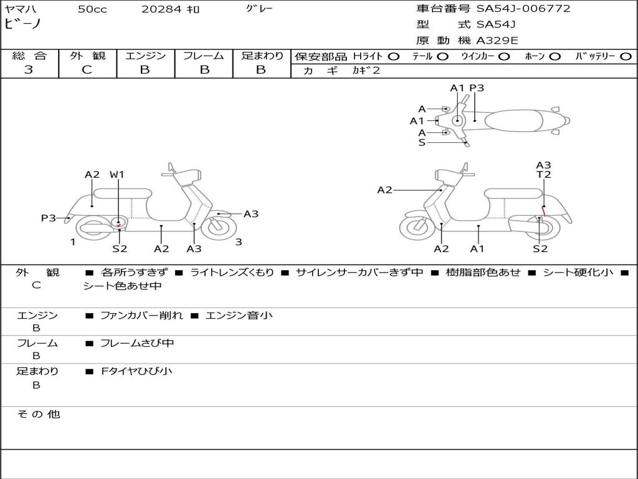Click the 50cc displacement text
(92, 9)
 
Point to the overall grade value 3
(29, 70)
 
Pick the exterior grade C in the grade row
(87, 70)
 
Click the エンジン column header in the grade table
(145, 56)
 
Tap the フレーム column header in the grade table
(204, 56)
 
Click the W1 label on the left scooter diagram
(117, 175)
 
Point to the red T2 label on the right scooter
(544, 175)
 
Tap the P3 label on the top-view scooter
(477, 88)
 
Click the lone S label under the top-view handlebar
(422, 143)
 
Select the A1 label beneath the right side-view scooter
(477, 249)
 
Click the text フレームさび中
(137, 343)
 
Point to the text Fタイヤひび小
(136, 371)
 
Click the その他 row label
(38, 414)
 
